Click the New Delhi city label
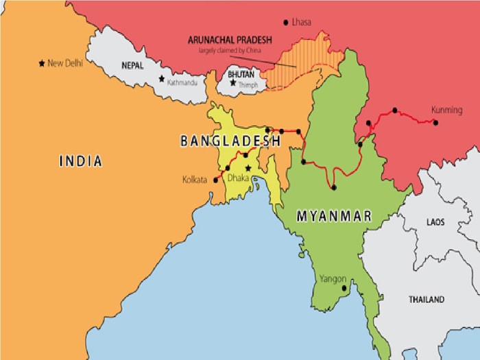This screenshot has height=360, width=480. (65, 63)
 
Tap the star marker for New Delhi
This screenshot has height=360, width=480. (42, 63)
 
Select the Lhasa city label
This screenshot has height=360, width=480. (301, 22)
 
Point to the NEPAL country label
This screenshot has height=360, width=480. (133, 66)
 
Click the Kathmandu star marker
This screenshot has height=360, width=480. (162, 79)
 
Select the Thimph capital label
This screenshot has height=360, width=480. (248, 84)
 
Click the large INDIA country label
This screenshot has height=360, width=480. (80, 162)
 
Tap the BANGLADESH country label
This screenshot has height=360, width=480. (230, 141)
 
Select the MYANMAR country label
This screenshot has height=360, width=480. (334, 216)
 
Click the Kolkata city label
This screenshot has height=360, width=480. (195, 180)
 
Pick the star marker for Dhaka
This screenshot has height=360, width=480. (248, 168)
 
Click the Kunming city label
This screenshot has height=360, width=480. (446, 110)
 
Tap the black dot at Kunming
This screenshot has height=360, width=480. (435, 122)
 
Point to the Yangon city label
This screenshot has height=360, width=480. (333, 279)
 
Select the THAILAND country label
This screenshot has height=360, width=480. (427, 300)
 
